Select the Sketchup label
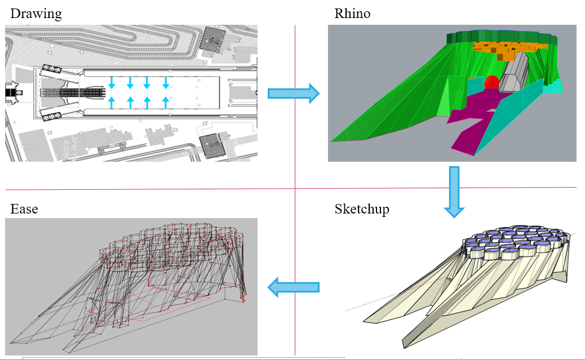362,210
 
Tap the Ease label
24,210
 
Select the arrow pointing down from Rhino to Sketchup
453,192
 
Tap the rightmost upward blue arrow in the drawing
166,102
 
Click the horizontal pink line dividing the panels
169,189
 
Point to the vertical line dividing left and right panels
295,254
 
